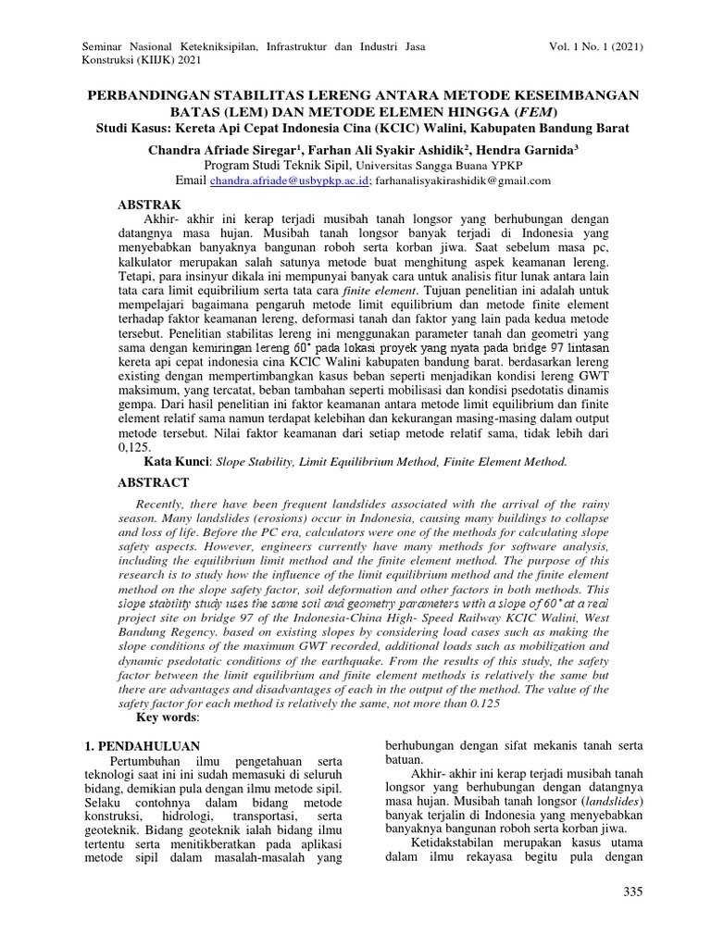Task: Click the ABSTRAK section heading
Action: (x=153, y=204)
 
